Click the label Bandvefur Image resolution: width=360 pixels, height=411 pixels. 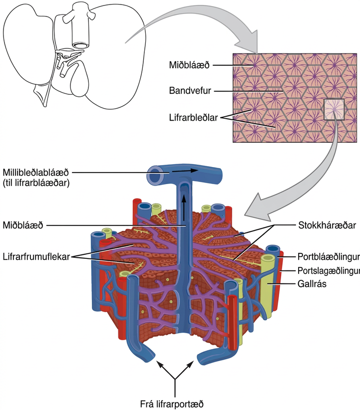click(190, 91)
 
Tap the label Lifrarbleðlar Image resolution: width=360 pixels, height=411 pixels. click(193, 117)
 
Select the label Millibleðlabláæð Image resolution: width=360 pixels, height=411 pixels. click(35, 173)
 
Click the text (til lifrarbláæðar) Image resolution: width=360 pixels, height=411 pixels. click(36, 183)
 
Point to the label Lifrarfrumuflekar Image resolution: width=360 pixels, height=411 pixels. click(36, 256)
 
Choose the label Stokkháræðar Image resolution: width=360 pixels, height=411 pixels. click(327, 225)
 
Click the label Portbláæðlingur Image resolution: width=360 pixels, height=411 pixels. click(329, 256)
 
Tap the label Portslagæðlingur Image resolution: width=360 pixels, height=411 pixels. click(329, 270)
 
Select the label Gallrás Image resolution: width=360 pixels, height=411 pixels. click(312, 284)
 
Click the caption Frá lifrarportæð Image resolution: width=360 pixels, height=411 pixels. click(172, 404)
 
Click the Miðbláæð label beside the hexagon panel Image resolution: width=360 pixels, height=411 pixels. click(189, 65)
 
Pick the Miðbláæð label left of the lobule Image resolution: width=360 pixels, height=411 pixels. click(23, 225)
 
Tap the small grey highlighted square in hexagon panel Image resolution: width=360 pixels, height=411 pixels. click(334, 110)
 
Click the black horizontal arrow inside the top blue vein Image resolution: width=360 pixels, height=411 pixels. click(185, 171)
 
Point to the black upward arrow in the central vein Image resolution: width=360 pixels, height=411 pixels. click(184, 207)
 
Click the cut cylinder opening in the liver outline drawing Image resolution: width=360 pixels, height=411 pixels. click(80, 45)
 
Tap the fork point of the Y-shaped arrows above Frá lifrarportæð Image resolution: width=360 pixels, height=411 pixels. click(175, 379)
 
